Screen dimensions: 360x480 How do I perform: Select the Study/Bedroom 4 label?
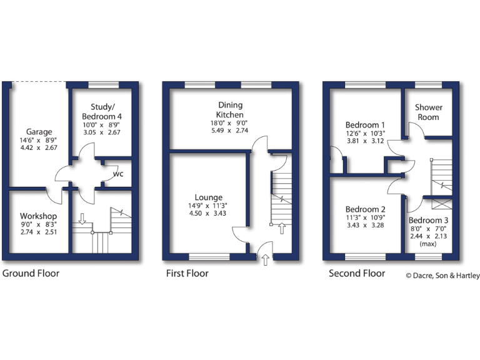[x=102, y=111]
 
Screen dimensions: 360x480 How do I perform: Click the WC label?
[x=117, y=174]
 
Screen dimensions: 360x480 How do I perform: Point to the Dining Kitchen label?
[x=230, y=110]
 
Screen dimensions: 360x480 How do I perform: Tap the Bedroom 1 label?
[x=365, y=125]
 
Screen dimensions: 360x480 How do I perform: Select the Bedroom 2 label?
[x=365, y=209]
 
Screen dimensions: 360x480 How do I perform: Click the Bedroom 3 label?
[x=428, y=221]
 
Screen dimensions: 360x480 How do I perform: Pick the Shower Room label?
[x=429, y=112]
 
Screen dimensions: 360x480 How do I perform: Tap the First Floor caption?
[x=187, y=273]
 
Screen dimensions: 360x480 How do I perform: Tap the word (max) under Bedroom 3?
[x=428, y=244]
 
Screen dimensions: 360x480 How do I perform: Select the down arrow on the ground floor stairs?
[x=81, y=219]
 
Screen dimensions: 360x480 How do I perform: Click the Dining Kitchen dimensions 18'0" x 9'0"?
[x=230, y=123]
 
